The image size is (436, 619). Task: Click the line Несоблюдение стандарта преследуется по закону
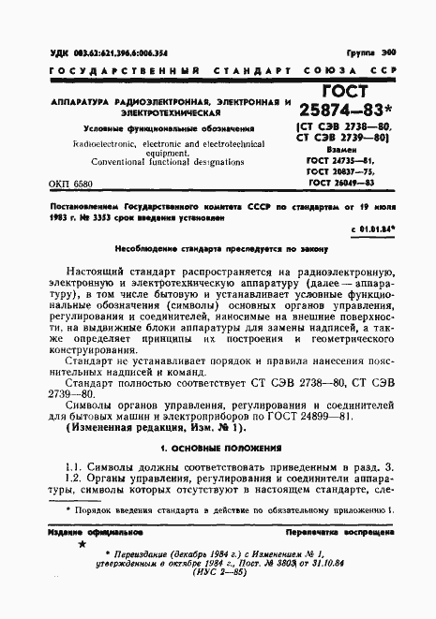[218, 252]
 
